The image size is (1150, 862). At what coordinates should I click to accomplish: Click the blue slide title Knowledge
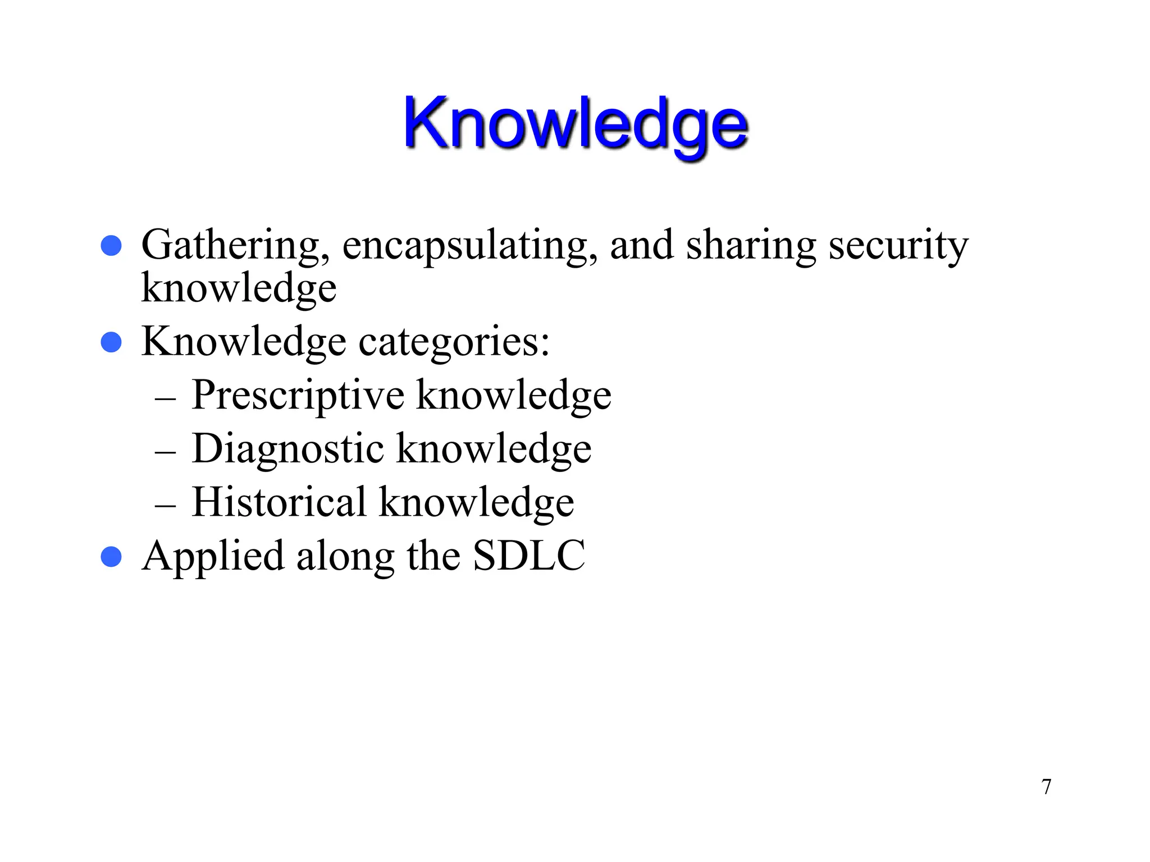pyautogui.click(x=575, y=125)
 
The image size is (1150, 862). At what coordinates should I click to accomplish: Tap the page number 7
pyautogui.click(x=1046, y=787)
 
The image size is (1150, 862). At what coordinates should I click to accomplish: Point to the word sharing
pyautogui.click(x=751, y=246)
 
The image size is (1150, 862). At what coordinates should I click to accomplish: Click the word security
pyautogui.click(x=898, y=246)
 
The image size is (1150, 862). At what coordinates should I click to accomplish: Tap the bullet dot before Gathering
pyautogui.click(x=111, y=246)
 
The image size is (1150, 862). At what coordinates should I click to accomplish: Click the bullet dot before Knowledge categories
pyautogui.click(x=111, y=342)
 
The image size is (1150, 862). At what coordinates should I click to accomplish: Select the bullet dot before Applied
pyautogui.click(x=111, y=557)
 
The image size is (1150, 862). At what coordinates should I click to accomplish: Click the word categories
pyautogui.click(x=454, y=342)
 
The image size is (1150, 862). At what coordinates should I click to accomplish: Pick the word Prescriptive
pyautogui.click(x=298, y=396)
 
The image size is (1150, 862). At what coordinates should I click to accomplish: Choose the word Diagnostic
pyautogui.click(x=288, y=448)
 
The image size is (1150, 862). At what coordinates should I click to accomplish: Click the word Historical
pyautogui.click(x=279, y=502)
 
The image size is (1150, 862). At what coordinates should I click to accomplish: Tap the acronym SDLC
pyautogui.click(x=529, y=556)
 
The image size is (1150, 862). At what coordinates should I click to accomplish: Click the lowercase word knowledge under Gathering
pyautogui.click(x=239, y=288)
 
